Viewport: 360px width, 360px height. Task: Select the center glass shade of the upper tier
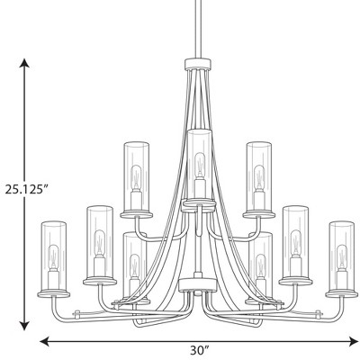pos(197,162)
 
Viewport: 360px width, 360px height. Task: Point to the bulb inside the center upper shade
pos(197,164)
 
